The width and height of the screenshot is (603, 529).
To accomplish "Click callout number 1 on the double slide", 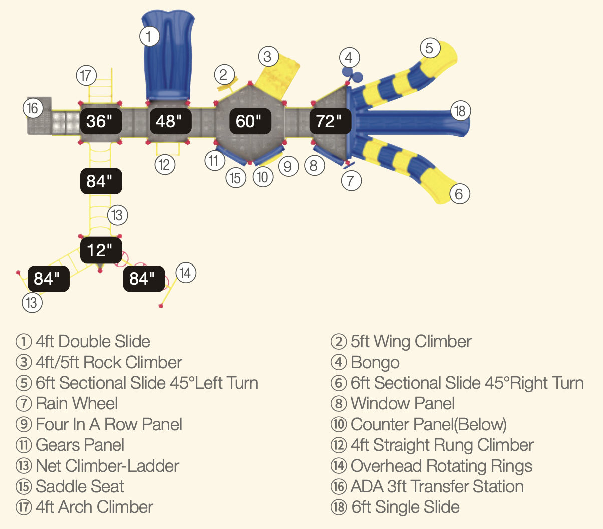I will coord(149,36).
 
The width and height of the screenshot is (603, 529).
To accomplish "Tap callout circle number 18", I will coord(460,111).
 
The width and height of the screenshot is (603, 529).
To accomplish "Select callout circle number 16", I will coord(33,108).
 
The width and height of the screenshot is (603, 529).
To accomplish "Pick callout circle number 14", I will coord(186,273).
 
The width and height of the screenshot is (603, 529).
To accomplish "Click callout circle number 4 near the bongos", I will coord(349,58).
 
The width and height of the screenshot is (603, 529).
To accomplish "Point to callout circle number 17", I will coord(86,76).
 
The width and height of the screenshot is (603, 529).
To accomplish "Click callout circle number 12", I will coord(165,164).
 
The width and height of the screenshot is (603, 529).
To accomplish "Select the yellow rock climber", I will coord(276,75).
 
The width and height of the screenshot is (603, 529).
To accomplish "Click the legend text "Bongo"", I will coord(375,362).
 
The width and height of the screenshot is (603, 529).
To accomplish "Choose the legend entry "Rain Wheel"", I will coord(77,403).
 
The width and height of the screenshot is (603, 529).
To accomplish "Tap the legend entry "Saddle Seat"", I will coord(80,486).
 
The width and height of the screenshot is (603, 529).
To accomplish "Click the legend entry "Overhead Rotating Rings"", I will coord(441,466).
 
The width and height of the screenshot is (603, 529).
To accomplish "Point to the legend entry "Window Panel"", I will coord(402,403).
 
